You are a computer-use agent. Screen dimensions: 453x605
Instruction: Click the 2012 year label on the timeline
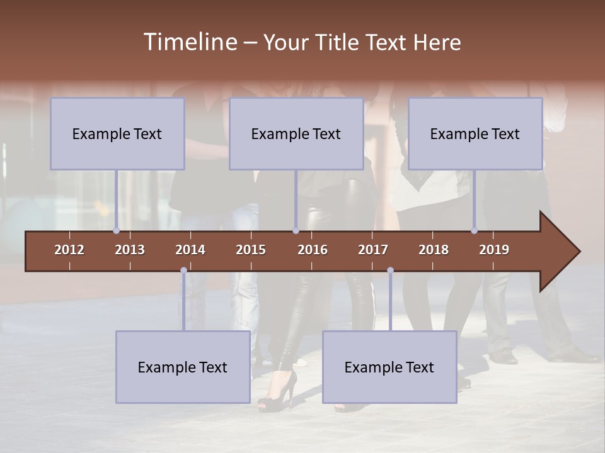coord(69,250)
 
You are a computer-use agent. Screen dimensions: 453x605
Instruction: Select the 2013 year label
coord(130,250)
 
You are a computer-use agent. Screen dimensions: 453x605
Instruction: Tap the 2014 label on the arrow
coord(190,250)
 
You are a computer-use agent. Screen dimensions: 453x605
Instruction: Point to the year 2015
coord(251,250)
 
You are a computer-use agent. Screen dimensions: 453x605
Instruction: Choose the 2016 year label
coord(313,250)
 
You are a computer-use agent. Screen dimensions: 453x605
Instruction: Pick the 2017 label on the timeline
coord(373,250)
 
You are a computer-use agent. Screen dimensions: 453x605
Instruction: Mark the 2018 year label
coord(434,250)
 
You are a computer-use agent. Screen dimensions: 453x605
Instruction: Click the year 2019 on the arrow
coord(494,250)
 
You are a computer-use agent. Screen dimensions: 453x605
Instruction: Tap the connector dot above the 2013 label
coord(116,230)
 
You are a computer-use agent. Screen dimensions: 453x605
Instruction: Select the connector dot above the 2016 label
coord(296,230)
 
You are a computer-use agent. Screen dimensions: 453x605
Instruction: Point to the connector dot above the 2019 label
coord(474,230)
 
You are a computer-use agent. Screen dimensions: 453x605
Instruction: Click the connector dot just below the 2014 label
coord(183,271)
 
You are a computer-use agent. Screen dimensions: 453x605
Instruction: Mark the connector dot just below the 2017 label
coord(390,271)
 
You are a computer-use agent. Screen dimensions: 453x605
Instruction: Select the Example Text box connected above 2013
coord(117,134)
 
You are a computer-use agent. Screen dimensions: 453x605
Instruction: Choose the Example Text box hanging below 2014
coord(183,367)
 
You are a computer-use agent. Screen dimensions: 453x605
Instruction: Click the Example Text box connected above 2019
coord(475,134)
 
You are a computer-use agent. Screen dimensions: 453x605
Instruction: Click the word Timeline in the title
coord(190,42)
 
